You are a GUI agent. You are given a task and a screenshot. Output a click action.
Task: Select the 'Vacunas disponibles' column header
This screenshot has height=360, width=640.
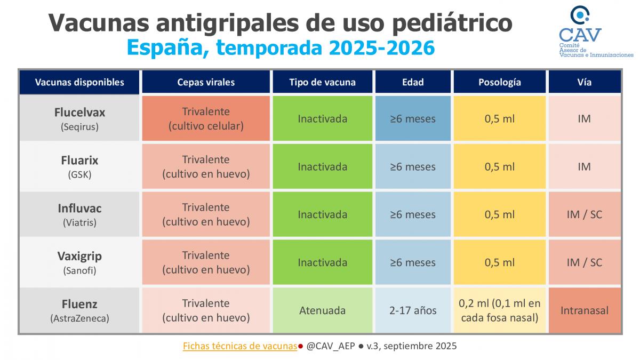79,82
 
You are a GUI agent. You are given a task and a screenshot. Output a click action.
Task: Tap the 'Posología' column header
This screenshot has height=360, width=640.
499,82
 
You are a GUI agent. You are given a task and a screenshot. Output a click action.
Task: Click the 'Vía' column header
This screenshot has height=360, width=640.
584,82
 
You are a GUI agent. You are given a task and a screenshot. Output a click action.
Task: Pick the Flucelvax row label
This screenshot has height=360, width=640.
79,118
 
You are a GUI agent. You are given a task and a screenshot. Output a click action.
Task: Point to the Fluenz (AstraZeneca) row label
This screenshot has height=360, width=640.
79,310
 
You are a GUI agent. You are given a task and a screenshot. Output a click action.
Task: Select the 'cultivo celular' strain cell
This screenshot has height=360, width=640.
206,118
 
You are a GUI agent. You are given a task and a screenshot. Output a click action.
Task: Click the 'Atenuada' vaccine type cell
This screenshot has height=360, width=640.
322,310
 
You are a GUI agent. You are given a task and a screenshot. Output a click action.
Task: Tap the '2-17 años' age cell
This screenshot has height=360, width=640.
413,310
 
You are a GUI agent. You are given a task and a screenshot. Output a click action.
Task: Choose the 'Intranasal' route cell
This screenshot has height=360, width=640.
584,310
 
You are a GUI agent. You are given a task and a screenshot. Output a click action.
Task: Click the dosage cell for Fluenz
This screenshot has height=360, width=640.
499,310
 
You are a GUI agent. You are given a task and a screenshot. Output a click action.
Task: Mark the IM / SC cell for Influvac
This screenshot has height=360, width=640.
584,214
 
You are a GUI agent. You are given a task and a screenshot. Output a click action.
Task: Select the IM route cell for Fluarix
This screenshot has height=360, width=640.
584,166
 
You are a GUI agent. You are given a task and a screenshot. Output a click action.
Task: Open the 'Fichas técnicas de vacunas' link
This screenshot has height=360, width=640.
239,346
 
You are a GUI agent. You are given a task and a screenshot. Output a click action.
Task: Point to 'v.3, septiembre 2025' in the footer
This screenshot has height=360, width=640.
411,346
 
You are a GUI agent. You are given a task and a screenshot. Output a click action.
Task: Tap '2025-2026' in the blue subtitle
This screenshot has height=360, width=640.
381,48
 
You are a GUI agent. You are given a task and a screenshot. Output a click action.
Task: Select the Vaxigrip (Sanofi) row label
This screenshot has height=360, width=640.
79,262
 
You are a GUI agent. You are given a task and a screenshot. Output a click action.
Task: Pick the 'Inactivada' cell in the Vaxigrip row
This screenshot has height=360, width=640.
322,262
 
